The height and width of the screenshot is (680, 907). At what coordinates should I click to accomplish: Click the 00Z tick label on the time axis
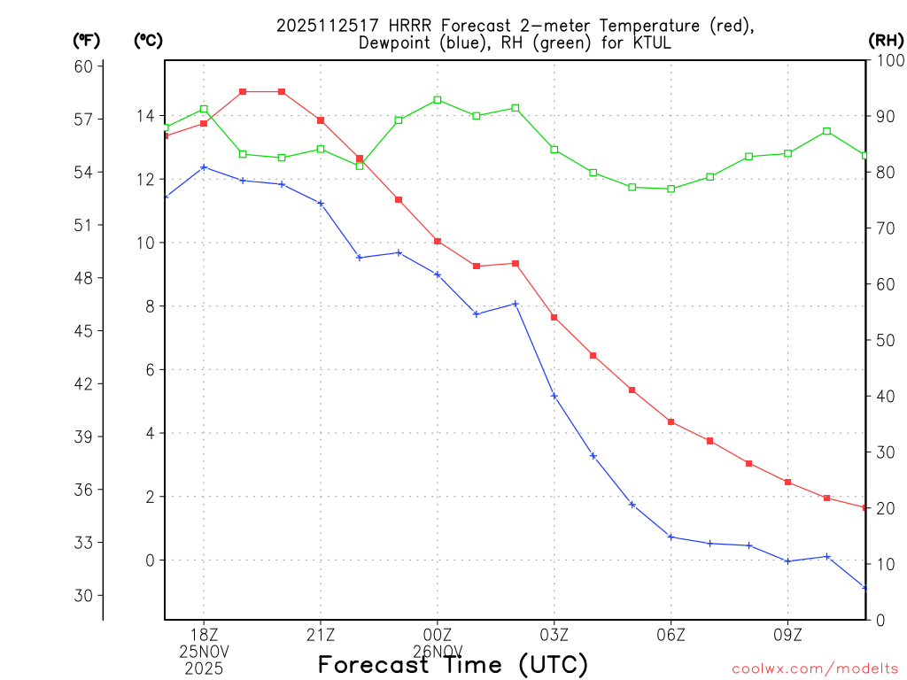438,634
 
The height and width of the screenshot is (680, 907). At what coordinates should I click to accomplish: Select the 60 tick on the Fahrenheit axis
86,66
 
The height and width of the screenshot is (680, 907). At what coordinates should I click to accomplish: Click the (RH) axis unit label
886,40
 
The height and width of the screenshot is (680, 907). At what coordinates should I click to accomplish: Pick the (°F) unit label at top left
86,40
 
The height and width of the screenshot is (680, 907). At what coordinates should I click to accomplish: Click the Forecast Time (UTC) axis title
453,664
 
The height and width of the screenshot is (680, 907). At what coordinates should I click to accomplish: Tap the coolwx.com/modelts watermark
815,668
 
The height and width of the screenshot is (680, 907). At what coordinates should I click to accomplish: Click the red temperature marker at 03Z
554,317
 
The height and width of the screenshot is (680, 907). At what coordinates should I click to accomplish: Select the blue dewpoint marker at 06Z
671,537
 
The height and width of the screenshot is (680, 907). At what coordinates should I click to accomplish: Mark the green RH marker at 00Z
438,100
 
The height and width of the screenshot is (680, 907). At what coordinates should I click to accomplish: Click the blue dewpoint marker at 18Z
204,167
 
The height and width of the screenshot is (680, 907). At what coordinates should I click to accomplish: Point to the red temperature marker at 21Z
321,120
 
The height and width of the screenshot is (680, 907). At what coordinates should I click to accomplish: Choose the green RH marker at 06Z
671,189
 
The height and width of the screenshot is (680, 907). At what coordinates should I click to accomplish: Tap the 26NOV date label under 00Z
438,651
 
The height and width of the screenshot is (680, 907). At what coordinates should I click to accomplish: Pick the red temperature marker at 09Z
788,482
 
